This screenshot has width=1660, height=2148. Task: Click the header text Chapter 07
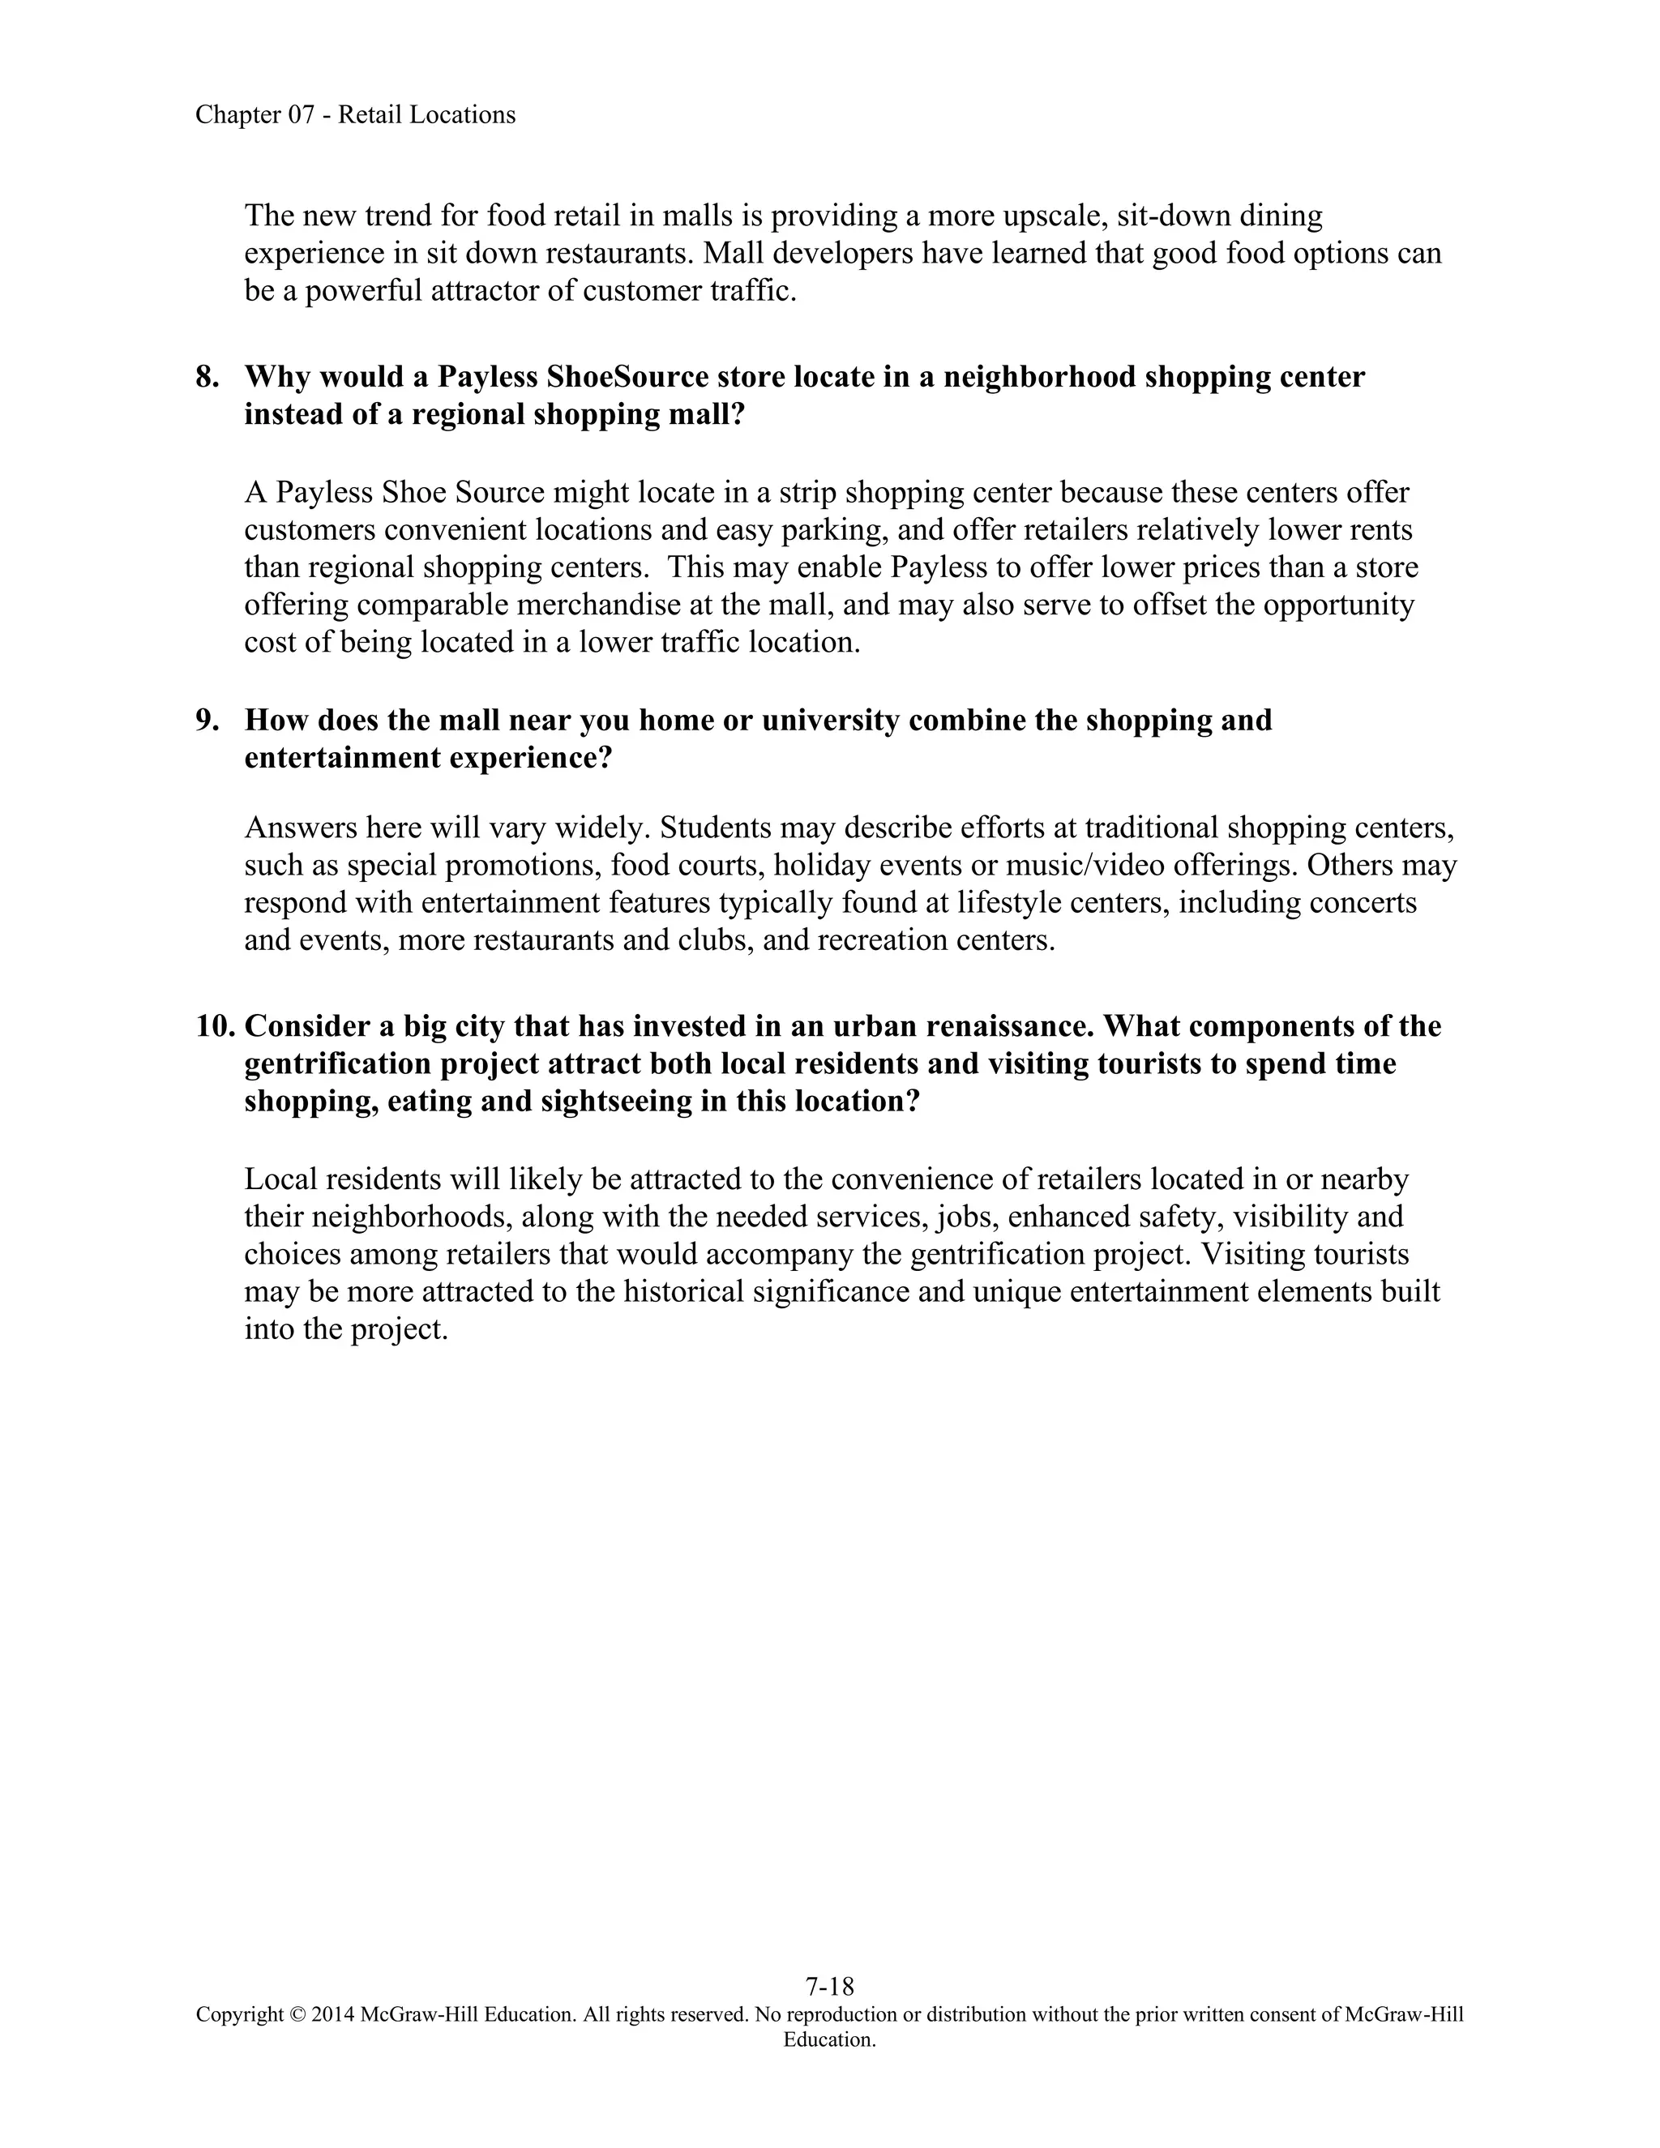[x=255, y=115]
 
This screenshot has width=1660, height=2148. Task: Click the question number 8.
[x=207, y=377]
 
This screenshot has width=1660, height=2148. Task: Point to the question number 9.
[x=207, y=720]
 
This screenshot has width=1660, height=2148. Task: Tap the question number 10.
[x=216, y=1026]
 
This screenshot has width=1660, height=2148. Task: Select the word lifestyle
[x=1029, y=903]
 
